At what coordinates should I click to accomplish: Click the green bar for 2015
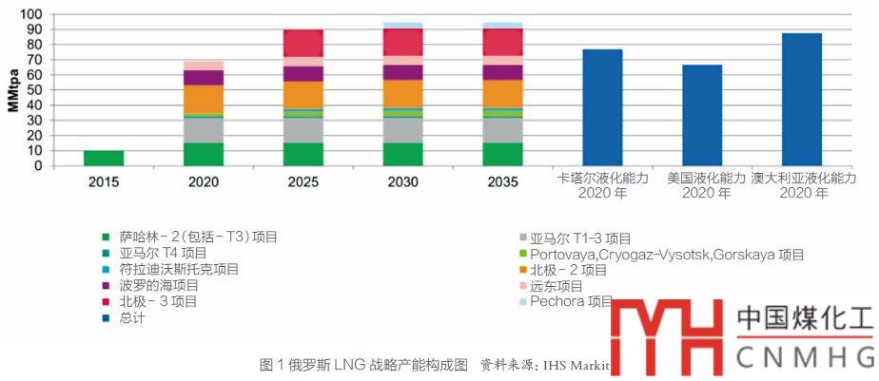point(104,158)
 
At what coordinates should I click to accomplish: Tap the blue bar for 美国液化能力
point(702,115)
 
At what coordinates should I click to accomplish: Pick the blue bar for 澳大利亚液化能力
point(801,100)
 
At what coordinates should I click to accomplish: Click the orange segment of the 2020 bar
point(204,99)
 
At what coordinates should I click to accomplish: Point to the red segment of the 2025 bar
point(303,43)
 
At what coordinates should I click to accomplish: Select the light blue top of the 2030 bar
point(402,25)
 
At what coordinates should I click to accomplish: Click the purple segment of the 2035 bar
point(502,72)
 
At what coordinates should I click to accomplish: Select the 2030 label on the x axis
point(402,180)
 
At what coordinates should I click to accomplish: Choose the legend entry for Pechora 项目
point(571,301)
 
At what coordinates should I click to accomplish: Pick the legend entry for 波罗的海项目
point(159,285)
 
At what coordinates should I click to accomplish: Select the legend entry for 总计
point(132,317)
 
